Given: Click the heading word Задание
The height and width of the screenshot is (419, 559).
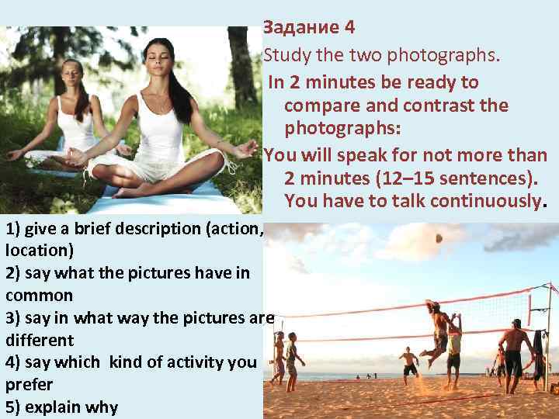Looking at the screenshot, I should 299,28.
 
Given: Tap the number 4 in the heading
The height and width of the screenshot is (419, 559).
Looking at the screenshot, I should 349,28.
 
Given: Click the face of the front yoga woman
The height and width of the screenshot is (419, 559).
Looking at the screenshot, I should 158,58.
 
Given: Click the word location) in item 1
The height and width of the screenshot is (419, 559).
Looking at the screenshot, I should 40,251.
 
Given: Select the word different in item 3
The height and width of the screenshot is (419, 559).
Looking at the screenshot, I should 40,340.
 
